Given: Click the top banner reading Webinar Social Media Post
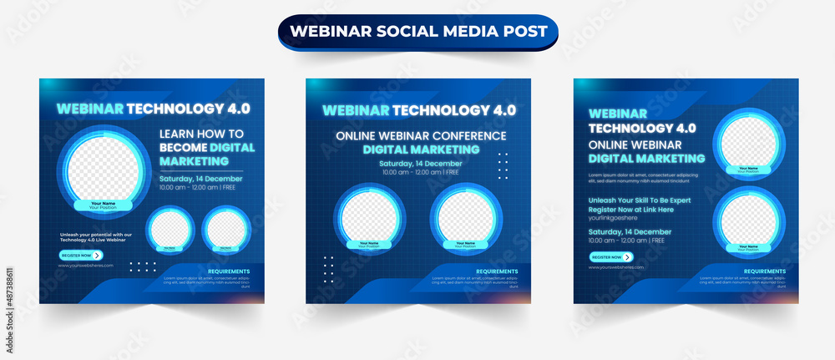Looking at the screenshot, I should pyautogui.click(x=417, y=32).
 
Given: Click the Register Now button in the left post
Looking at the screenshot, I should pyautogui.click(x=80, y=256).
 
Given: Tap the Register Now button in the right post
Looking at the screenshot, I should pyautogui.click(x=611, y=257).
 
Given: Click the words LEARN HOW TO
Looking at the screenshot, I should pyautogui.click(x=201, y=134).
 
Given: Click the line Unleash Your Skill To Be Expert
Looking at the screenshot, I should pyautogui.click(x=640, y=200).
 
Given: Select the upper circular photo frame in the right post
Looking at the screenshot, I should pyautogui.click(x=748, y=141).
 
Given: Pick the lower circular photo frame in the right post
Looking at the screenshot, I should pyautogui.click(x=748, y=215).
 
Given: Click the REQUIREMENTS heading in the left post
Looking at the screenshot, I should pyautogui.click(x=228, y=271).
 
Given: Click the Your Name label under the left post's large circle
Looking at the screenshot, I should pyautogui.click(x=103, y=203).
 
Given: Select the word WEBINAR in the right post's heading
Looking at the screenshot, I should pyautogui.click(x=617, y=113).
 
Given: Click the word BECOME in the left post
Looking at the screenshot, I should pyautogui.click(x=183, y=147).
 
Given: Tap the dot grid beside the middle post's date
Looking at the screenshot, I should pyautogui.click(x=503, y=165).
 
